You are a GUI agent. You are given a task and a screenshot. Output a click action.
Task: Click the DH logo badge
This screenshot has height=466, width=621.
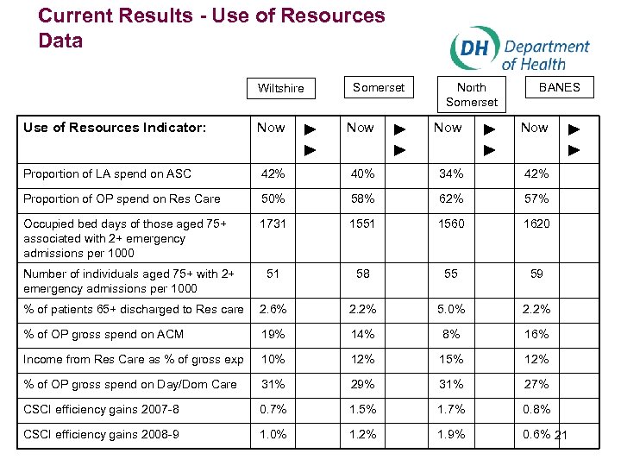[473, 47]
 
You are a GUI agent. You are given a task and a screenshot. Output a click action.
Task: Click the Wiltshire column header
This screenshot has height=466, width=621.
[280, 88]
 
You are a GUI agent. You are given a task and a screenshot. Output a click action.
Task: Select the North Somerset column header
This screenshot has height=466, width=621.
[471, 95]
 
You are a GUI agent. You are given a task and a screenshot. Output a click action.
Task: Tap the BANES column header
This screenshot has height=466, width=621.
[559, 86]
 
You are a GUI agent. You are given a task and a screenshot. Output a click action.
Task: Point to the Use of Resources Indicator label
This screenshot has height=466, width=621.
[115, 128]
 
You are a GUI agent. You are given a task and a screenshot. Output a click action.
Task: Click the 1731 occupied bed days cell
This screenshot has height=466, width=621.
[273, 224]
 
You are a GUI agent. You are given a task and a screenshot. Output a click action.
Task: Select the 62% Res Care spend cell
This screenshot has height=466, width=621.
[450, 198]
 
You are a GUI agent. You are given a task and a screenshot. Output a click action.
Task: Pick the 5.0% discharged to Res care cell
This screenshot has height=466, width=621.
[450, 309]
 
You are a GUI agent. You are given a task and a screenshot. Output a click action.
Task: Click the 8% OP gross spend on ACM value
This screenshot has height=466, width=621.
[450, 334]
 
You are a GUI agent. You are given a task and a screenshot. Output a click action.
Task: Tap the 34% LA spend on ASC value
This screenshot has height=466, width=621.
[450, 173]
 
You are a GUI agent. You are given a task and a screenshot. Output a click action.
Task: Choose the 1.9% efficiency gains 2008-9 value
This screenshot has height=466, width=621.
[450, 434]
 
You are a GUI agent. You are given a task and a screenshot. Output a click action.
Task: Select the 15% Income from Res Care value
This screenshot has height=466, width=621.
[450, 359]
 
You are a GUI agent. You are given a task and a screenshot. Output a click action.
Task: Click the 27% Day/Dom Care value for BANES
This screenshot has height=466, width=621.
[536, 384]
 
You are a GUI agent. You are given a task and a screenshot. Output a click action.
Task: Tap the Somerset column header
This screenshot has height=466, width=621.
[378, 86]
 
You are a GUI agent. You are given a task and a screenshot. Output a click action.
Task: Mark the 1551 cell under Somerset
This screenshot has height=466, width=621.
[362, 224]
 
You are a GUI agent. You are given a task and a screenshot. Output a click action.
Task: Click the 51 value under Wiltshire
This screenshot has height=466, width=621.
[273, 274]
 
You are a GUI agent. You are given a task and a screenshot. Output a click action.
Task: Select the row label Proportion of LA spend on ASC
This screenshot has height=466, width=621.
[107, 173]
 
